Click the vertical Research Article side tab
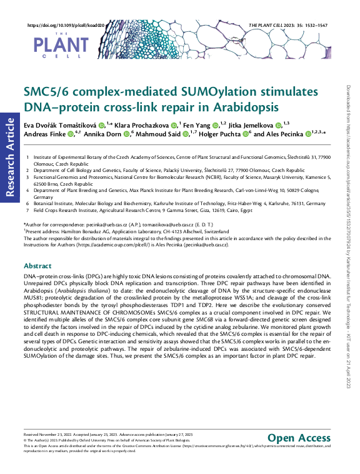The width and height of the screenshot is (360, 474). click(9, 156)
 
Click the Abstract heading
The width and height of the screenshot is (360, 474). click(37, 265)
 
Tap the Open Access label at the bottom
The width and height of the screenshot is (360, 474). click(298, 438)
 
